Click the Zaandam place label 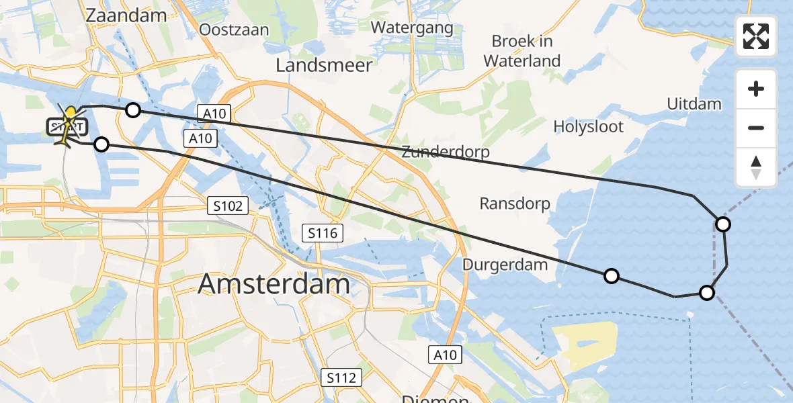126,15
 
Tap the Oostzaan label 234,30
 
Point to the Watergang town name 412,28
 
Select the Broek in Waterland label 522,51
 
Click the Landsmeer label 324,65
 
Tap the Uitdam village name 694,104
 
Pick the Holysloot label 588,126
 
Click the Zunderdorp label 445,152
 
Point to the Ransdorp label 515,204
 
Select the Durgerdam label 505,265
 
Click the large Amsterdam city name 274,285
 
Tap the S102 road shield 228,206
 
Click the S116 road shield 323,233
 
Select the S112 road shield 341,377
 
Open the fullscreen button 756,36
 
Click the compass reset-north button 756,167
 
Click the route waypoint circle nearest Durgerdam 611,275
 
